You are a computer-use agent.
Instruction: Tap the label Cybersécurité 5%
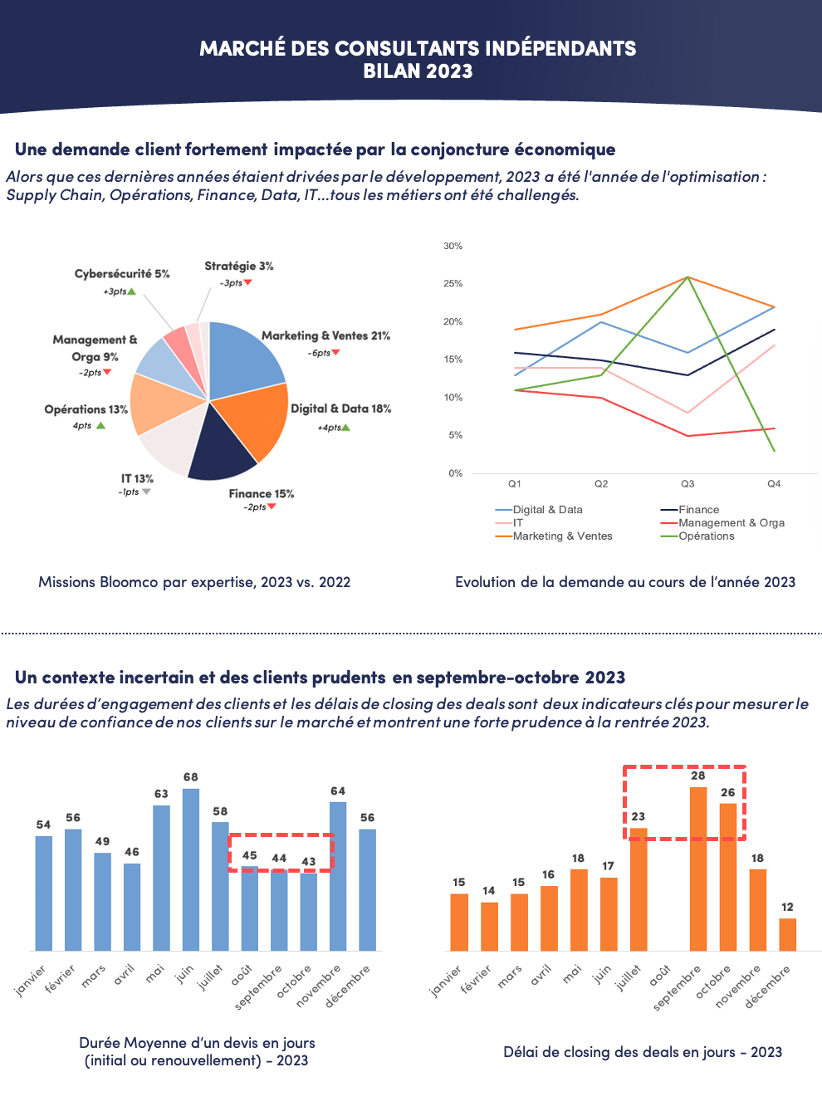pos(122,274)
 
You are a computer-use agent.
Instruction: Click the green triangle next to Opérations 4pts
pos(100,425)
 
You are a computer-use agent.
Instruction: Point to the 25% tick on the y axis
pos(453,284)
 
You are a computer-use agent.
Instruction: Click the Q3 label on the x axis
pos(687,483)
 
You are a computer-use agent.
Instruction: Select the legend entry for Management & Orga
pos(731,523)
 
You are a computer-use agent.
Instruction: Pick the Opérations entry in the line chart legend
pos(706,536)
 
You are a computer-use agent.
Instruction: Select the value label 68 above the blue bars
pos(191,777)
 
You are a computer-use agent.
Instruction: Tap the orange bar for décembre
pos(787,934)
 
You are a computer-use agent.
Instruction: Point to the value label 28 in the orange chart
pos(698,776)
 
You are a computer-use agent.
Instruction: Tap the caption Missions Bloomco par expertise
pos(194,582)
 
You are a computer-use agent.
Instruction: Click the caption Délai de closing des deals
pos(643,1052)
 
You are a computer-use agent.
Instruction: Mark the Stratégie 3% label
pos(239,267)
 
